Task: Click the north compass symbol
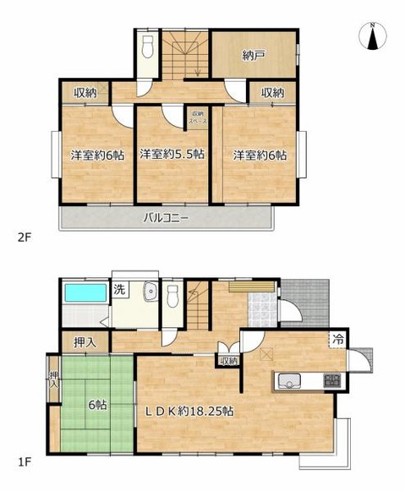tap(372, 36)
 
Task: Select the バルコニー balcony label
tap(166, 217)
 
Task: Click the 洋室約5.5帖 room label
tap(172, 154)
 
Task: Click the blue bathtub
tap(83, 295)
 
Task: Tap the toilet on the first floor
tap(173, 297)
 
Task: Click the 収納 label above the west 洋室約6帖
tap(83, 93)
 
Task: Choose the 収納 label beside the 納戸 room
tap(271, 93)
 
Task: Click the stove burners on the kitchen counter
tap(331, 380)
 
